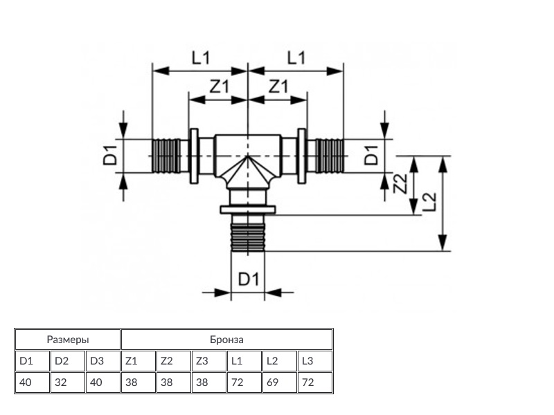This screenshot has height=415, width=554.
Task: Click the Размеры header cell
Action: click(x=68, y=340)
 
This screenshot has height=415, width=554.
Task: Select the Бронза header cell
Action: click(x=226, y=340)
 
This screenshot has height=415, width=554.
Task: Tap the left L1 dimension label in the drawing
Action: click(x=201, y=59)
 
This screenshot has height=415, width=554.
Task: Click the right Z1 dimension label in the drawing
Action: click(x=278, y=87)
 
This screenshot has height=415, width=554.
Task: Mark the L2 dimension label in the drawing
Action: click(x=429, y=201)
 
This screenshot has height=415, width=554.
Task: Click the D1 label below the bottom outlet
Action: click(x=248, y=279)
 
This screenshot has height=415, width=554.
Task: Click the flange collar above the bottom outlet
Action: click(x=247, y=210)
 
